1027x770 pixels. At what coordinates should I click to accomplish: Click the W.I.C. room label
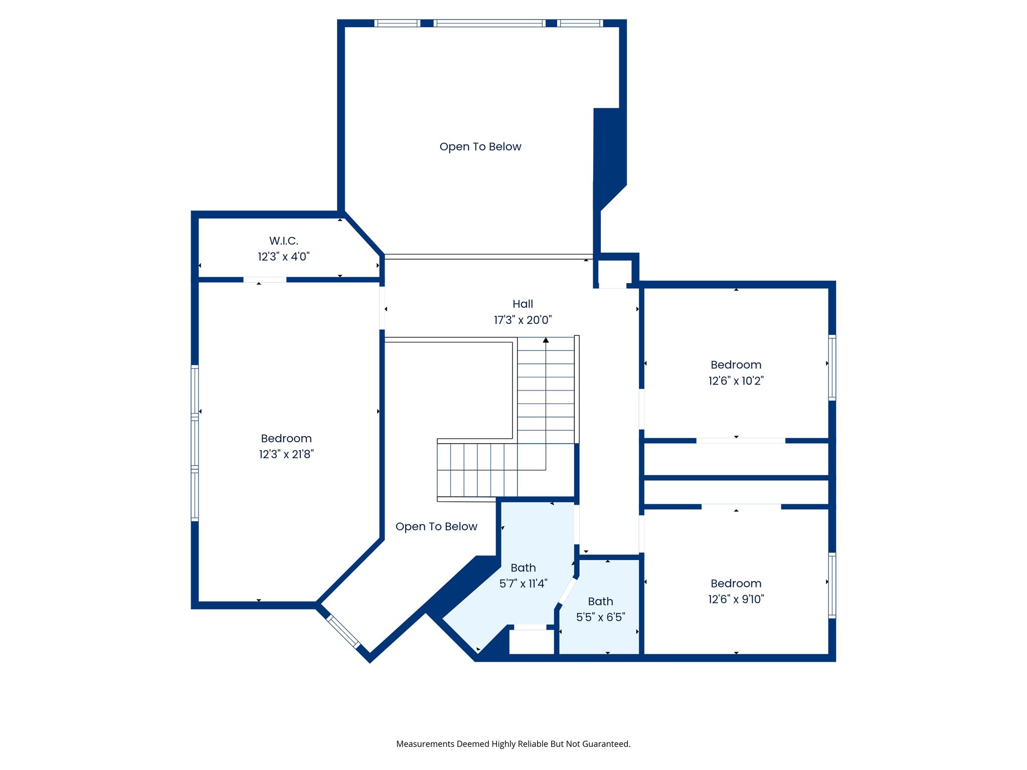283,241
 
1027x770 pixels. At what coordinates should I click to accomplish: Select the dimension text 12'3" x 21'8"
286,454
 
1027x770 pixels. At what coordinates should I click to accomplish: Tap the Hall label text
523,304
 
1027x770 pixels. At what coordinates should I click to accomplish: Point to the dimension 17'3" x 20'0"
523,320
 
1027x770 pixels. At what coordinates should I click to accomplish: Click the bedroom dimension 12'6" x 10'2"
736,381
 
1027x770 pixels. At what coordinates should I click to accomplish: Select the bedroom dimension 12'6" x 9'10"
736,599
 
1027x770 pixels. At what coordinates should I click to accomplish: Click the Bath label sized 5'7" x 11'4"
523,568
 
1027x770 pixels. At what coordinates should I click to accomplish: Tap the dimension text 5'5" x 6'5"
600,617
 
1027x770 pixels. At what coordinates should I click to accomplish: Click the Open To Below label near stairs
436,527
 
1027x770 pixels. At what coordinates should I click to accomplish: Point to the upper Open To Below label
480,147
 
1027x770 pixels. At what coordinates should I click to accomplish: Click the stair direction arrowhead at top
546,340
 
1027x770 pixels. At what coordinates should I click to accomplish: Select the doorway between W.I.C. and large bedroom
265,280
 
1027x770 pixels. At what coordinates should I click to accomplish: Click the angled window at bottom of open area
344,632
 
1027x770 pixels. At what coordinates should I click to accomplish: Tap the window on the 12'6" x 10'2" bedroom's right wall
831,367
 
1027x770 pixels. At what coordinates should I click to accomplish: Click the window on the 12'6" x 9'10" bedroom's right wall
831,585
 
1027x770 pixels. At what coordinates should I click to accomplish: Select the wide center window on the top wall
489,23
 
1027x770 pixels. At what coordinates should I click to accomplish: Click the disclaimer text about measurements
513,744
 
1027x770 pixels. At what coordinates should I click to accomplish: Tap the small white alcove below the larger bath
531,642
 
